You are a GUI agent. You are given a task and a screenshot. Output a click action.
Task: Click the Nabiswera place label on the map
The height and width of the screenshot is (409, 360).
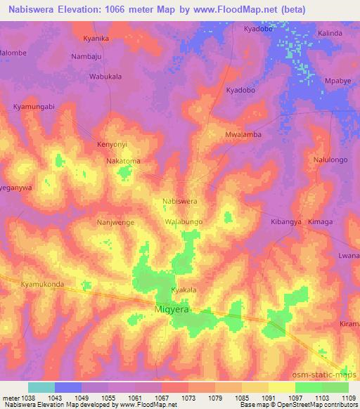(179, 200)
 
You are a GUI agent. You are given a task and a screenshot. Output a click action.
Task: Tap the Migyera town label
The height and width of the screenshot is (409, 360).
(173, 309)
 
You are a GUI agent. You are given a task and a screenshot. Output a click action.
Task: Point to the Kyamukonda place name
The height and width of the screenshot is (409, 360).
(43, 285)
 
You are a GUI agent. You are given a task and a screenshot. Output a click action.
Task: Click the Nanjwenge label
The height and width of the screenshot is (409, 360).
(115, 222)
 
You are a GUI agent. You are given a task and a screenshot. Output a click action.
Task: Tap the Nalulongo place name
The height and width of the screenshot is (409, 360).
(330, 160)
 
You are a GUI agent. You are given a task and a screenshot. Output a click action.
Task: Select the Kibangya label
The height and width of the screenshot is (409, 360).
(286, 221)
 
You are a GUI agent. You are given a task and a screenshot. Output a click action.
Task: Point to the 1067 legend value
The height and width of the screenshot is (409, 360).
(163, 398)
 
